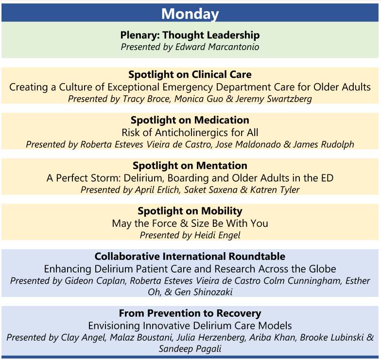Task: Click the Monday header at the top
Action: click(x=190, y=14)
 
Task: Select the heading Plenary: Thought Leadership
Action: click(x=190, y=35)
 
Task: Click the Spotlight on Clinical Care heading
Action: click(x=190, y=75)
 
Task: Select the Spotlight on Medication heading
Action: click(x=190, y=120)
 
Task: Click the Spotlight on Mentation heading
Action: click(x=190, y=166)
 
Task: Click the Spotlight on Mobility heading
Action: click(x=190, y=211)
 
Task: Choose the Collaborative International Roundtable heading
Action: click(x=190, y=257)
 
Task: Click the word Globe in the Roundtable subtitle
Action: click(x=322, y=269)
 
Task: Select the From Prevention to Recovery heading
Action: click(x=190, y=313)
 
